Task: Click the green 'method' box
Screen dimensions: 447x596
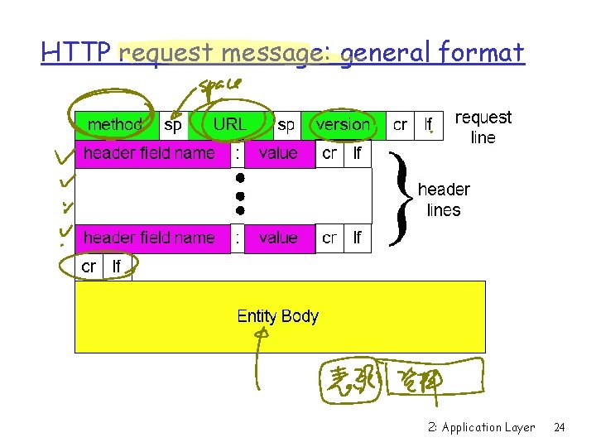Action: pyautogui.click(x=116, y=125)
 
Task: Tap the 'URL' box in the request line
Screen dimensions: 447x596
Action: pyautogui.click(x=230, y=125)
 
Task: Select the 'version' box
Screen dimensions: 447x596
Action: pyautogui.click(x=343, y=125)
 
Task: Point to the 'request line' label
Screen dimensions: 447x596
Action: pyautogui.click(x=483, y=127)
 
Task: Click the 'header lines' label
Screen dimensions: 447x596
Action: pyautogui.click(x=444, y=199)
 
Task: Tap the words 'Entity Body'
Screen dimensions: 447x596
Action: pyautogui.click(x=277, y=316)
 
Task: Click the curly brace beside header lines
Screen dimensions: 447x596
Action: pyautogui.click(x=400, y=199)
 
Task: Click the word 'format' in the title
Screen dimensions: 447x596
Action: pyautogui.click(x=482, y=53)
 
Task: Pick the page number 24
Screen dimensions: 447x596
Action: pyautogui.click(x=560, y=428)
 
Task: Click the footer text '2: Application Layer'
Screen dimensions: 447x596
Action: pyautogui.click(x=482, y=428)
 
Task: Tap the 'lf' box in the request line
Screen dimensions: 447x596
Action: pyautogui.click(x=428, y=125)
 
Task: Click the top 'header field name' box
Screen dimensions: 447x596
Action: pyautogui.click(x=149, y=154)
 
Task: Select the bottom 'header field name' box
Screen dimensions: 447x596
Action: pyautogui.click(x=149, y=238)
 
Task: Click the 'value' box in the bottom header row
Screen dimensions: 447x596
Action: pyautogui.click(x=278, y=238)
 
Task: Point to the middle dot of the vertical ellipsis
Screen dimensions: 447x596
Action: pyautogui.click(x=238, y=195)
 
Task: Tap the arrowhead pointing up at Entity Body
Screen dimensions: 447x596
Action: pyautogui.click(x=262, y=334)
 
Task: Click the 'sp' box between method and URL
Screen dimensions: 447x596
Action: pyautogui.click(x=173, y=125)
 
